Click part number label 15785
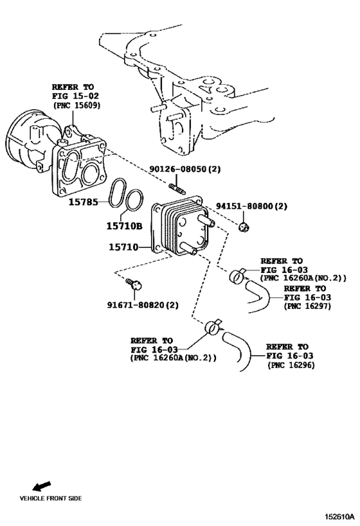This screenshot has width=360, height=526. coord(84,201)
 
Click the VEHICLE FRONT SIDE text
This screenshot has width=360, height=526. coord(50,498)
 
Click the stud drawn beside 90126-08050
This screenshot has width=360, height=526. coord(176,188)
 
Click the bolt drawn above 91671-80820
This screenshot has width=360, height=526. coord(134,283)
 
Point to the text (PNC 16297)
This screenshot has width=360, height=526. coord(311,306)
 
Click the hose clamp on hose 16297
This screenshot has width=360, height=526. coord(236,276)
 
